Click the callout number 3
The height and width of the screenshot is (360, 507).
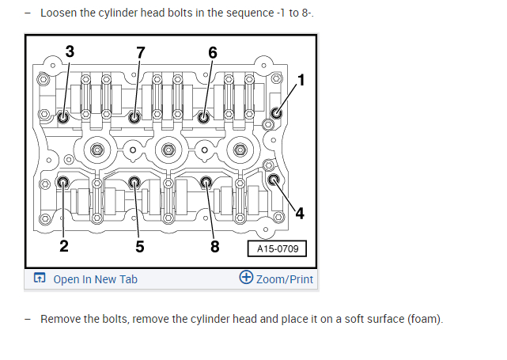click(70, 52)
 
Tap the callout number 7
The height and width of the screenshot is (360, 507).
click(141, 52)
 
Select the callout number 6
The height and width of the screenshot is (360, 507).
click(213, 52)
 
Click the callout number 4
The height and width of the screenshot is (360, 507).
click(300, 212)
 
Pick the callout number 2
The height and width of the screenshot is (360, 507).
click(64, 245)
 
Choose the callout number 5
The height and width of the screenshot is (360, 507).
click(140, 245)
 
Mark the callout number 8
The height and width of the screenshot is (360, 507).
click(214, 245)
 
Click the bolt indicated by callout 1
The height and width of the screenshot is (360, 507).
click(276, 112)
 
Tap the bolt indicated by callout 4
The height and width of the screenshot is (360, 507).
click(275, 180)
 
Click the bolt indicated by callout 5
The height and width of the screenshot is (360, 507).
click(135, 183)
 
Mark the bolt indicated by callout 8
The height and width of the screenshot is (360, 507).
click(206, 183)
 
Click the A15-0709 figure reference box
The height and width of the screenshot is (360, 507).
click(276, 248)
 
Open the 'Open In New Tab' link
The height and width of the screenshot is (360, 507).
click(95, 279)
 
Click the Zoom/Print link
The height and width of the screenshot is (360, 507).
click(284, 279)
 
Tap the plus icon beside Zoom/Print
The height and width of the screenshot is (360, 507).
click(246, 278)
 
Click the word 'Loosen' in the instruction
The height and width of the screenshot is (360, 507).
click(61, 13)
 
